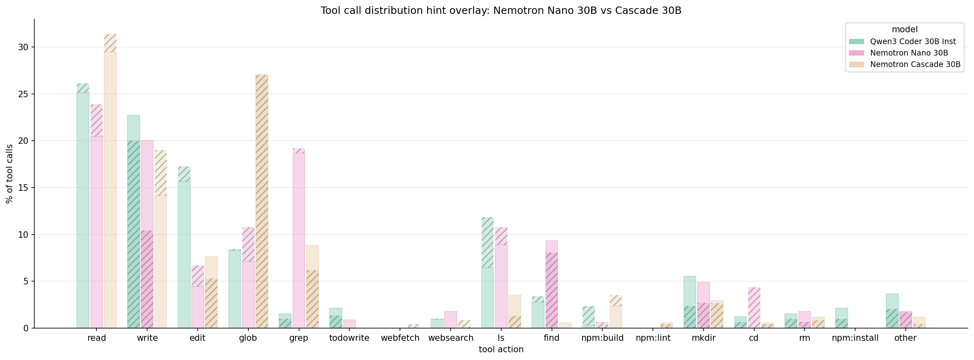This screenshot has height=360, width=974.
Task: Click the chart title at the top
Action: tap(501, 11)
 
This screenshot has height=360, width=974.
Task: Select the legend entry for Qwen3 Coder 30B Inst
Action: tap(905, 41)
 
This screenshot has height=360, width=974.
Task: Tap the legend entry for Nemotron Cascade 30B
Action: tap(905, 64)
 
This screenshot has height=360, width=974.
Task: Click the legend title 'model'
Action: tap(905, 29)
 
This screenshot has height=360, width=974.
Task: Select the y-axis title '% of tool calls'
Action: tap(9, 174)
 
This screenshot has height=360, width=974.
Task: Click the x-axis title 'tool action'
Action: tap(501, 349)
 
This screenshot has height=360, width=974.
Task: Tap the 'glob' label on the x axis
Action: tap(248, 338)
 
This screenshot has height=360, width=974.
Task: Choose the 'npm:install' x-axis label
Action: tap(855, 338)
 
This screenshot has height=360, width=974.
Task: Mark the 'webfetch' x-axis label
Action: tap(400, 338)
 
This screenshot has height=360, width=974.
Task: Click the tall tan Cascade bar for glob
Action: tap(262, 201)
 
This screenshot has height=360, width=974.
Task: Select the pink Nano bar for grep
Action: tap(299, 238)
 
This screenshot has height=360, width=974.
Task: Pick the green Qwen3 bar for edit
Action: tap(184, 247)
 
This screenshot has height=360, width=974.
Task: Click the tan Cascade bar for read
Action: tap(110, 181)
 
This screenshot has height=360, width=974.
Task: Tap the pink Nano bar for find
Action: tap(552, 284)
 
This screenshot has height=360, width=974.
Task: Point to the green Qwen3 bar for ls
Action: tap(487, 273)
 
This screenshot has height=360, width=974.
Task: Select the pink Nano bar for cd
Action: tap(754, 308)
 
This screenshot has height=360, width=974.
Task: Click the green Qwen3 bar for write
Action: tap(134, 221)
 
